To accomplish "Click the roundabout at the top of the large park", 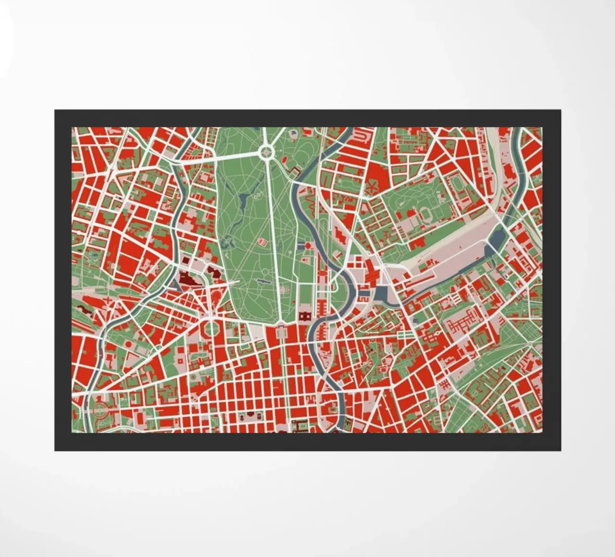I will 266,153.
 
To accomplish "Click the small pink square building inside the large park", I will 262,242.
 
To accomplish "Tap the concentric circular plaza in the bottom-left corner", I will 100,410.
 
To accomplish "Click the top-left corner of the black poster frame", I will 55,110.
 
